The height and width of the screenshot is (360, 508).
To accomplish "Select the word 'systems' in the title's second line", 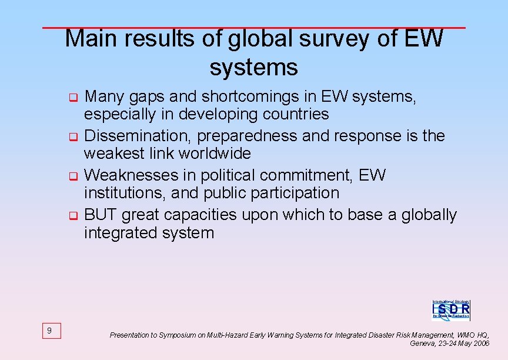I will [x=253, y=67].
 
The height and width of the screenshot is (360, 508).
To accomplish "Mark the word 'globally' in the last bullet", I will [x=429, y=215].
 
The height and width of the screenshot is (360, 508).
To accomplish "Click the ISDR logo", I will [x=451, y=309].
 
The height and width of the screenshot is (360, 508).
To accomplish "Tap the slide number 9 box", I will [x=49, y=331].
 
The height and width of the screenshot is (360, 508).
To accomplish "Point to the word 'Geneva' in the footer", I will [x=422, y=343].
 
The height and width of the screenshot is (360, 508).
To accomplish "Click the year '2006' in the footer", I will [x=480, y=343].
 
